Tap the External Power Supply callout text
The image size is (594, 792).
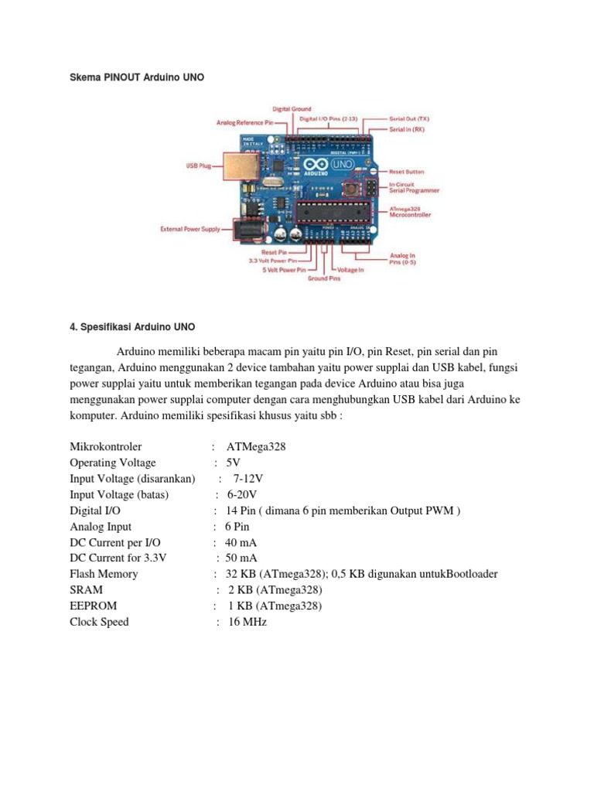(189, 229)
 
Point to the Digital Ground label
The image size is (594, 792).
(291, 109)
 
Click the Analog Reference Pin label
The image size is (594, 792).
(244, 122)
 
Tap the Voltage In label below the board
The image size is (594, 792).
(350, 270)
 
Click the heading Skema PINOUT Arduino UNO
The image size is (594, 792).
(137, 78)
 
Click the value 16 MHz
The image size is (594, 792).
(247, 622)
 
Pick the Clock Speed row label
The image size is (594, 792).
(99, 622)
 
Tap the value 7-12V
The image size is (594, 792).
(249, 479)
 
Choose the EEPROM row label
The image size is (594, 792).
(93, 606)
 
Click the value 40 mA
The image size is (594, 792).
(241, 542)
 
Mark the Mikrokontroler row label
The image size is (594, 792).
(106, 447)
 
